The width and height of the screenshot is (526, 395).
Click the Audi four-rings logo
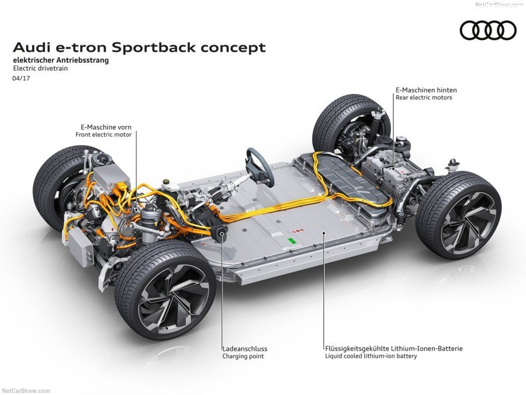(x=488, y=30)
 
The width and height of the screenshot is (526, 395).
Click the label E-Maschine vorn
(x=106, y=126)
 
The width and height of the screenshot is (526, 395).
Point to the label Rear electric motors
(x=423, y=98)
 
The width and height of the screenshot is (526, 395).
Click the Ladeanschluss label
(x=244, y=348)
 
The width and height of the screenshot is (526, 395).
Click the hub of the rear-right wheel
(x=466, y=215)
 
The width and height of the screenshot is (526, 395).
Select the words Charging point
(x=243, y=356)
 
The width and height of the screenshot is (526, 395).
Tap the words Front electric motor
(x=103, y=135)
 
